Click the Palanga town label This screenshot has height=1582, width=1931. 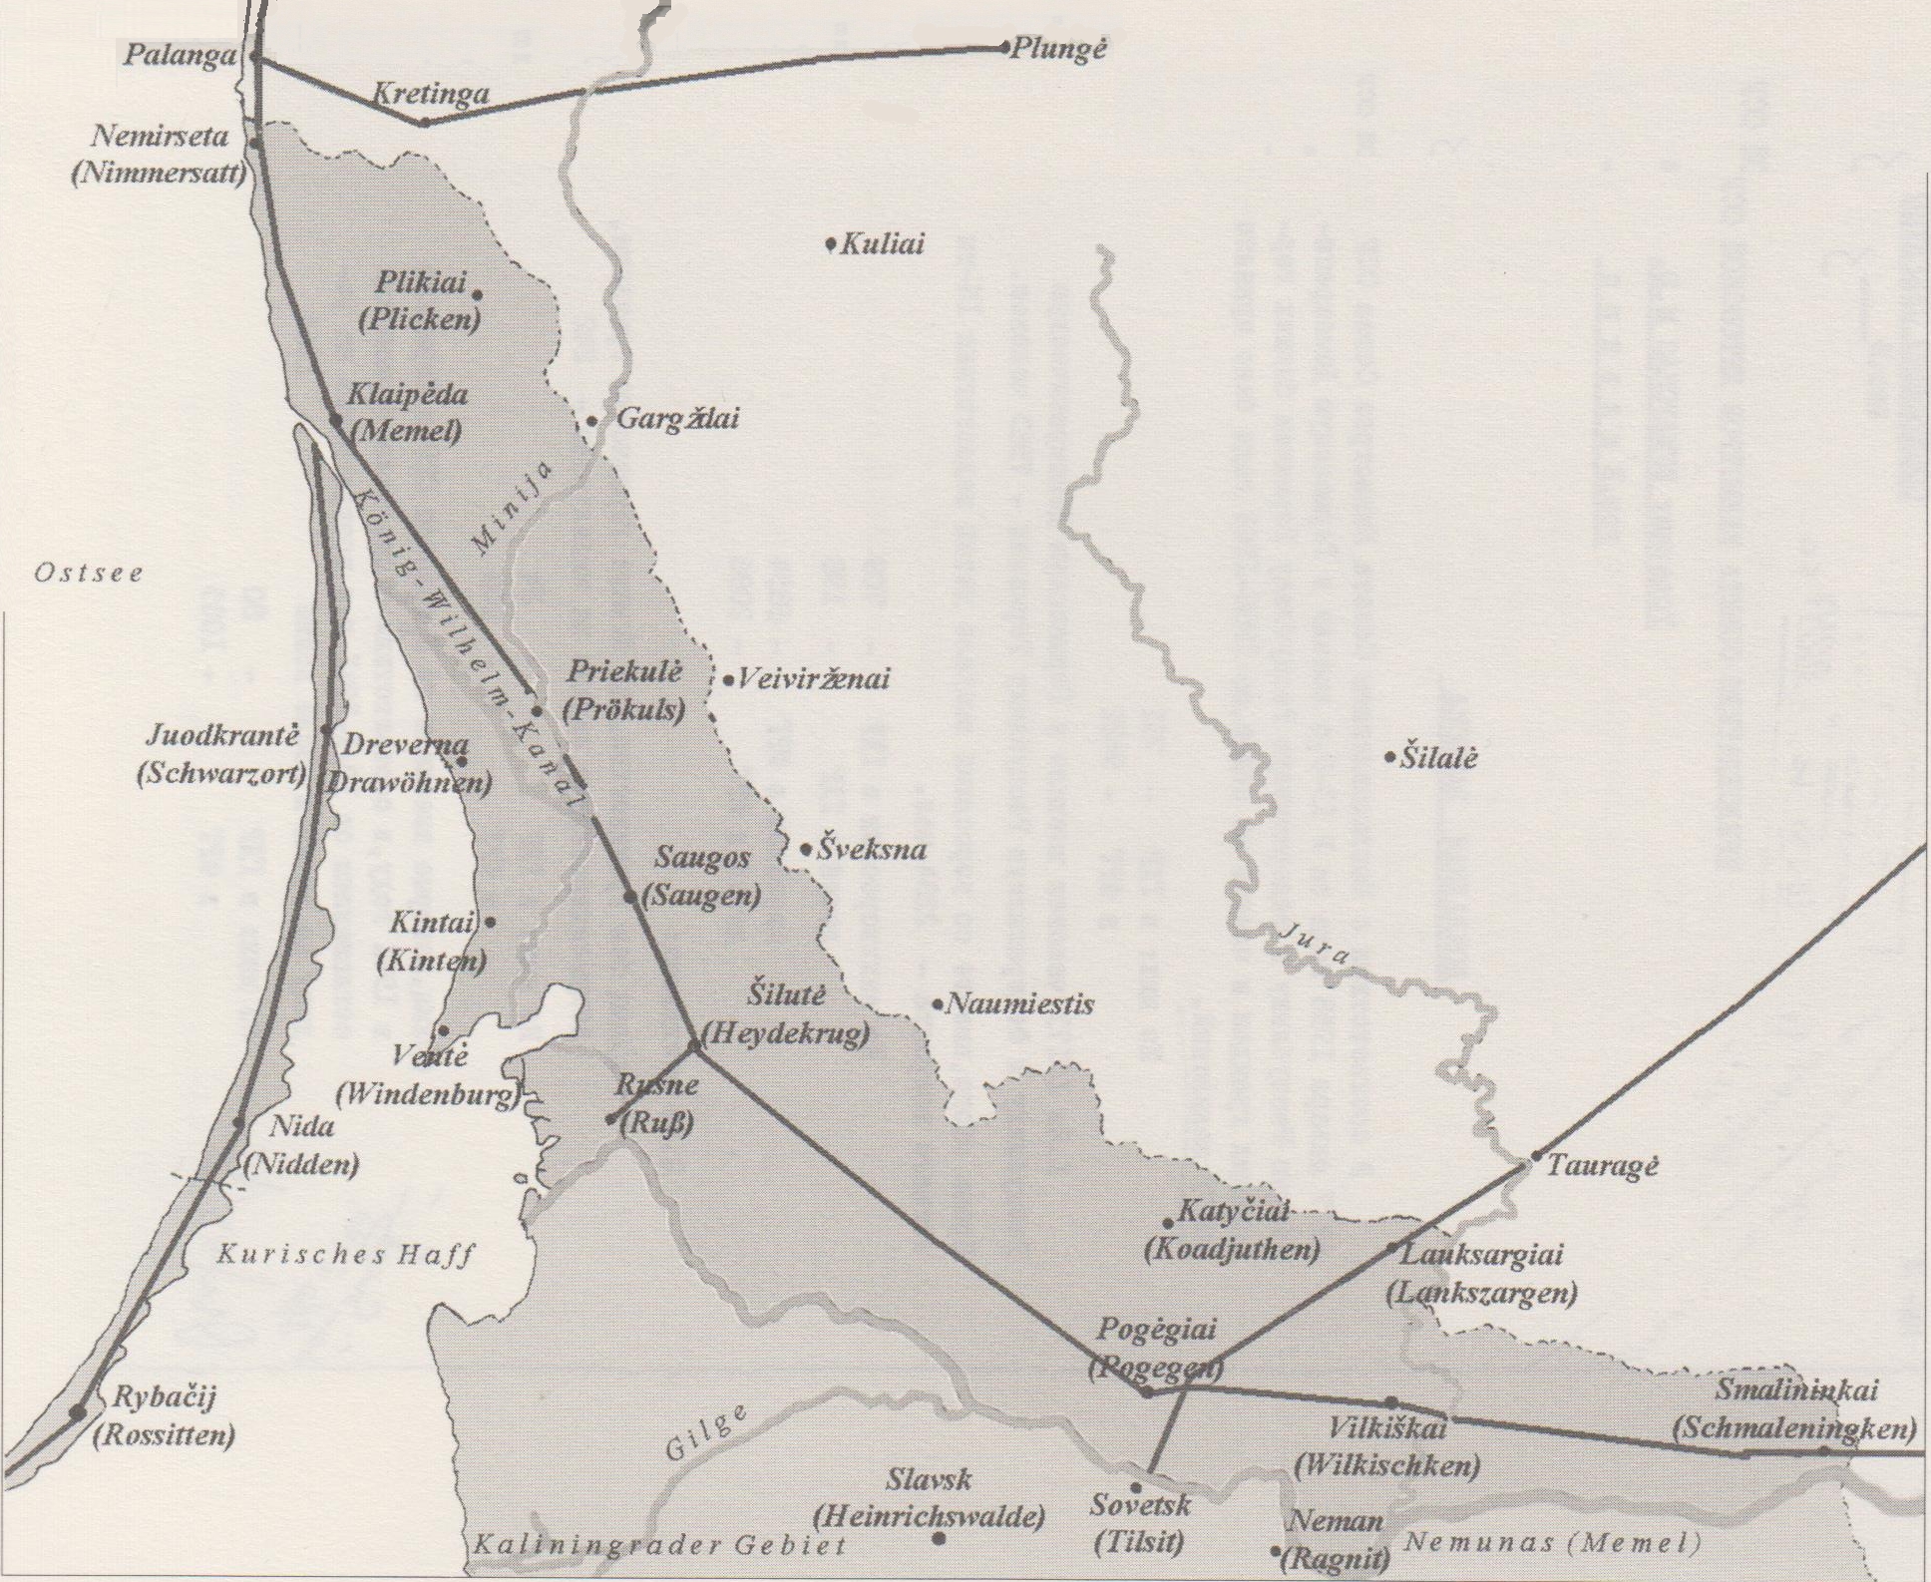(x=181, y=55)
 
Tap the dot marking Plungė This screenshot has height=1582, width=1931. (x=1003, y=47)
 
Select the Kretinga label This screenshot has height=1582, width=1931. (x=431, y=95)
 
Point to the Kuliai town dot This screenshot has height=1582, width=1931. (x=831, y=244)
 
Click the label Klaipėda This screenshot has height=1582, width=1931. (x=407, y=395)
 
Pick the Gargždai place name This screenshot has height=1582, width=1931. (x=678, y=419)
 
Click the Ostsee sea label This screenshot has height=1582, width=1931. (x=89, y=574)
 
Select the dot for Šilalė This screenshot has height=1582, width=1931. (x=1389, y=758)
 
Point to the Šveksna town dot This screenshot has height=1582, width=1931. (x=807, y=850)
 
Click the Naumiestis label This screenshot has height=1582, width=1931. (x=1019, y=1004)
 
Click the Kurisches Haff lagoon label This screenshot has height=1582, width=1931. (x=345, y=1255)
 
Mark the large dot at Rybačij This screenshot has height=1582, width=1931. (x=77, y=1411)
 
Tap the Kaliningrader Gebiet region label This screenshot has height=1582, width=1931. (x=659, y=1547)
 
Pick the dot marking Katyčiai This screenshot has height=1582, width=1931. (x=1168, y=1223)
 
